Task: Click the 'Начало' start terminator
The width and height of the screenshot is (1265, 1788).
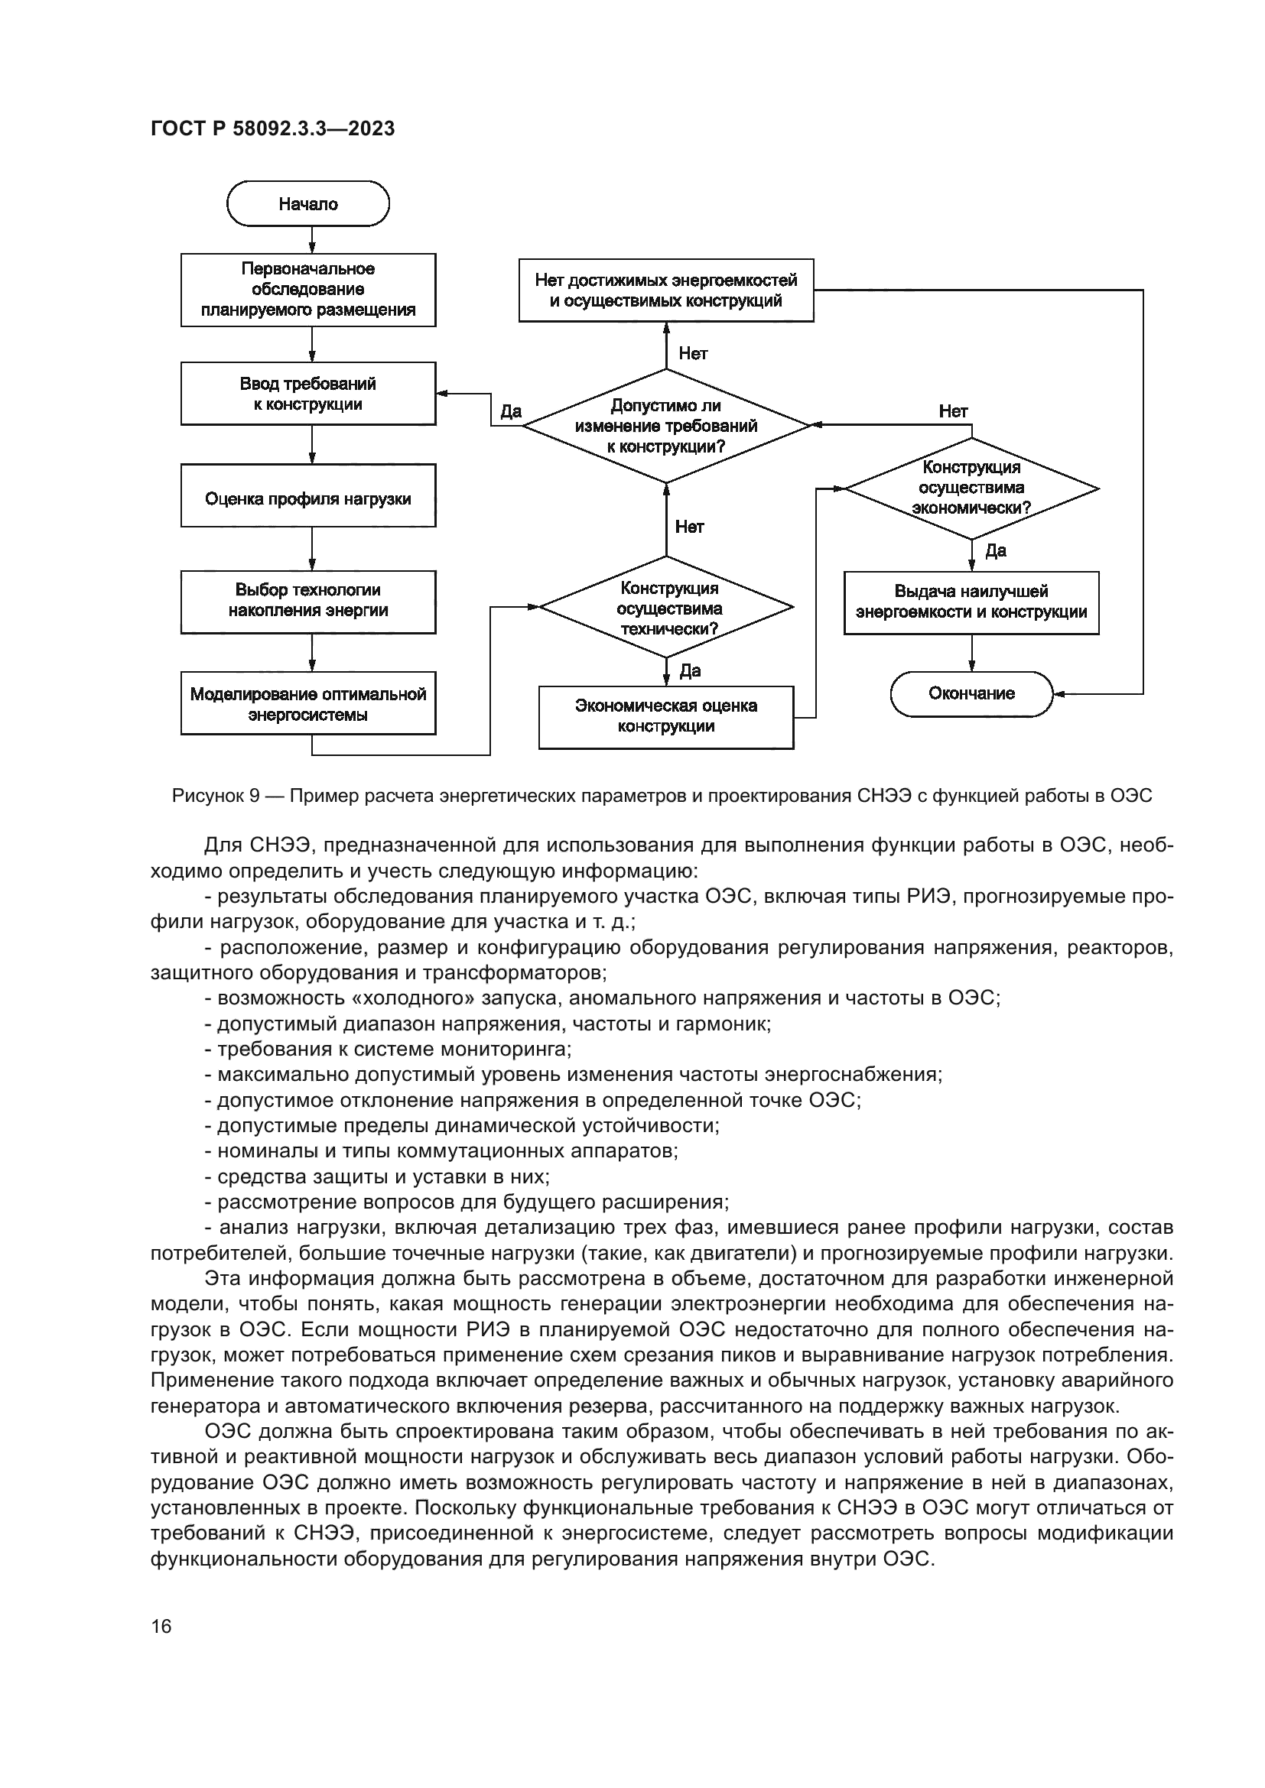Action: click(307, 204)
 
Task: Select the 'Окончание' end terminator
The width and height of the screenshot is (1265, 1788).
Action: click(971, 694)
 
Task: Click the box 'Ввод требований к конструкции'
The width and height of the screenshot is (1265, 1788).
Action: click(307, 393)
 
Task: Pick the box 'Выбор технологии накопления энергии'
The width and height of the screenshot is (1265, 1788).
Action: click(307, 602)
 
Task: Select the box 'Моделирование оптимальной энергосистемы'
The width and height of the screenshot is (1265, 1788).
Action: click(307, 703)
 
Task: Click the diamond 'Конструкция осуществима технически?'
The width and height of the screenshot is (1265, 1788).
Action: click(667, 608)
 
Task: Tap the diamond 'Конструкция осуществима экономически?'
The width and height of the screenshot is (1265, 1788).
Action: click(971, 488)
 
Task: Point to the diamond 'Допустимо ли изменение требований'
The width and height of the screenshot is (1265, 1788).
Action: click(666, 426)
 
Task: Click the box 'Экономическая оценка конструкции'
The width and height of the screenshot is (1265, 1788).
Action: click(666, 717)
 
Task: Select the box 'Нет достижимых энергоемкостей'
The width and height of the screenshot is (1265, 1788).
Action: click(666, 290)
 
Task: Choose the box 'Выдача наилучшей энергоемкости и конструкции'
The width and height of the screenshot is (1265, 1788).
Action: click(971, 602)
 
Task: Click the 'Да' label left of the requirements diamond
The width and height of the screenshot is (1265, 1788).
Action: click(511, 412)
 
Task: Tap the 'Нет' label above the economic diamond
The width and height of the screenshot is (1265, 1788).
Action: click(953, 412)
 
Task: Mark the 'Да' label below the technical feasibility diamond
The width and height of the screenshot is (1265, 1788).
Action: click(690, 671)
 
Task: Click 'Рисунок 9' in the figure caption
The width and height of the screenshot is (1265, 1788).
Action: click(216, 796)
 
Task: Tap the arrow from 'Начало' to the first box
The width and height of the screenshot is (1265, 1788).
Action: click(311, 240)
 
